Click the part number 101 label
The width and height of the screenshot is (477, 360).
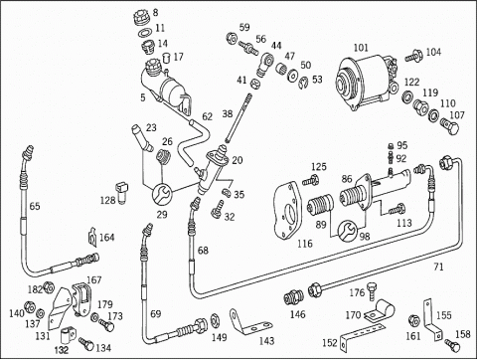(x=361, y=48)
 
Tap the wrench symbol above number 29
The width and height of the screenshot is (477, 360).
(x=162, y=194)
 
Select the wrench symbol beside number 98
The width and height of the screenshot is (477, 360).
(x=348, y=230)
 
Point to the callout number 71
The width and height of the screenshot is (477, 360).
(x=438, y=267)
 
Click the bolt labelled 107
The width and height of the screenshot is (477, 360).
(x=450, y=127)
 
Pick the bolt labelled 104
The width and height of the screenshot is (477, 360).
(x=413, y=56)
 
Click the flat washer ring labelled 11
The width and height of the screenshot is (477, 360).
(x=144, y=33)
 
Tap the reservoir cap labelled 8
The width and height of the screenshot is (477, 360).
(x=141, y=17)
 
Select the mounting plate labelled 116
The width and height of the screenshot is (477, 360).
(x=287, y=210)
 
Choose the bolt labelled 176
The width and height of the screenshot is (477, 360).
(x=373, y=290)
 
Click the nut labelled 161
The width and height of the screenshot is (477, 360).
(x=413, y=320)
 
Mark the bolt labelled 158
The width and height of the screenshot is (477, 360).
(x=452, y=345)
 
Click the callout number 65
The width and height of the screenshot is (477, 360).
(x=35, y=206)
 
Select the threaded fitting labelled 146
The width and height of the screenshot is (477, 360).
(x=293, y=297)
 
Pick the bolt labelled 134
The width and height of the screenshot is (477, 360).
(x=86, y=344)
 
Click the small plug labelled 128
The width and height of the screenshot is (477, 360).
(x=122, y=192)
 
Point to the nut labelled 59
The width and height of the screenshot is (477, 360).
(x=232, y=38)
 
